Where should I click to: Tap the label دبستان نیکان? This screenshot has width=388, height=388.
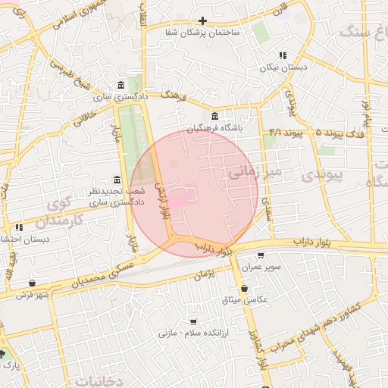[283, 68]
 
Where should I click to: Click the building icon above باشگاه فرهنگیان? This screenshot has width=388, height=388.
[216, 116]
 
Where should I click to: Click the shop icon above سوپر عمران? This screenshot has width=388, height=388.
[261, 255]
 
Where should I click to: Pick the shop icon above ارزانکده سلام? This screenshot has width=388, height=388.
[192, 321]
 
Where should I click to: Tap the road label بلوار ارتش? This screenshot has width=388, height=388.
[161, 200]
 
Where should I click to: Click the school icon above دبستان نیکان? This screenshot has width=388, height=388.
[283, 55]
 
